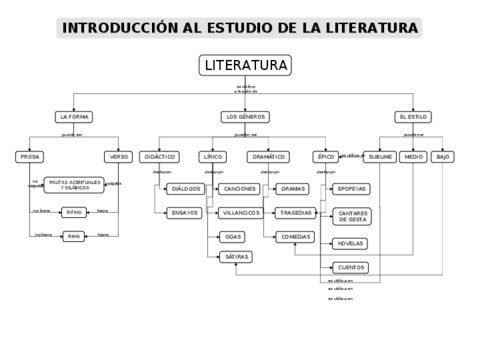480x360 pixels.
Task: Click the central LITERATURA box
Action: [x=245, y=66]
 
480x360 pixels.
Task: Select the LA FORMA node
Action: [x=74, y=117]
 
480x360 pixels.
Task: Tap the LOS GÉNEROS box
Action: [x=245, y=117]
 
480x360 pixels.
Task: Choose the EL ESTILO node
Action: [x=412, y=117]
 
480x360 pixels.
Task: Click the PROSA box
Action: [x=30, y=157]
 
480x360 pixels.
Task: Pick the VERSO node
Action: [x=117, y=157]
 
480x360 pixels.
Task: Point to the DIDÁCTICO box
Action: [x=159, y=157]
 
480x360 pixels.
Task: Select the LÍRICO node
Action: [x=213, y=157]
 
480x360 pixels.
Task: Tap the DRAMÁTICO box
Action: [x=269, y=157]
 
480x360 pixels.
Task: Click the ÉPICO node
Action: [x=325, y=157]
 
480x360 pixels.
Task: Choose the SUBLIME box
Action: [x=380, y=157]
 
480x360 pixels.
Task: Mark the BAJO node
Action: [x=443, y=157]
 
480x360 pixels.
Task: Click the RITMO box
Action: [x=73, y=212]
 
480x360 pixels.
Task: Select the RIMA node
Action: [x=73, y=236]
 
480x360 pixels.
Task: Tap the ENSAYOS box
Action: [x=184, y=213]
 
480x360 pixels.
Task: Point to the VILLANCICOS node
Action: [x=240, y=213]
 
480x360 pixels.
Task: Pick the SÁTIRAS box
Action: [x=235, y=257]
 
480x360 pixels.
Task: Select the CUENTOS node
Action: [x=350, y=267]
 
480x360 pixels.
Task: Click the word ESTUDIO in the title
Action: [x=242, y=28]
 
